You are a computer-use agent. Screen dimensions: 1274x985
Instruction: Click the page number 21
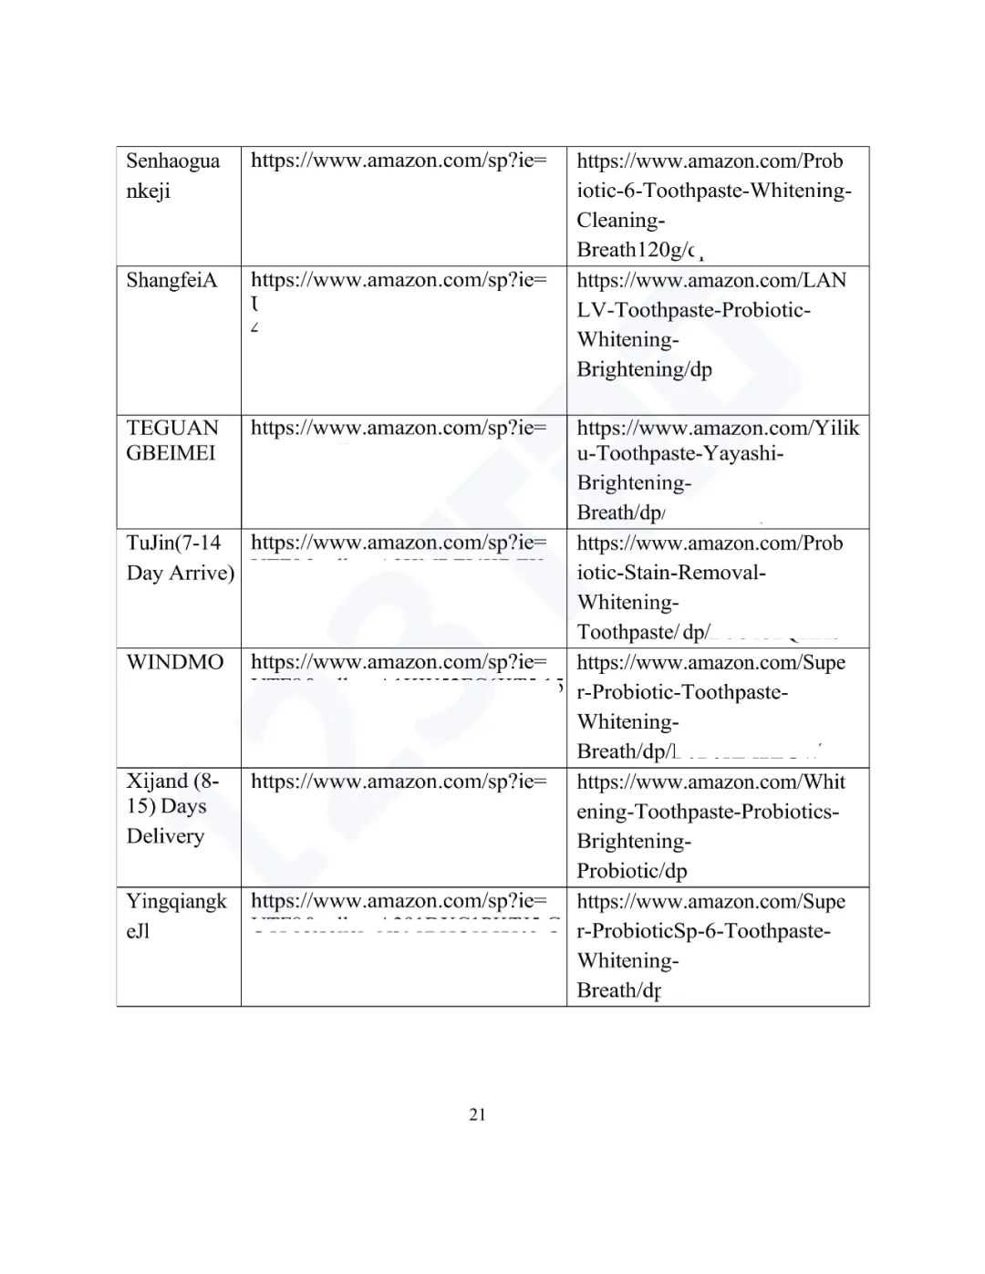pyautogui.click(x=477, y=1113)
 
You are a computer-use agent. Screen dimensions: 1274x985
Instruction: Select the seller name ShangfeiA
pyautogui.click(x=171, y=280)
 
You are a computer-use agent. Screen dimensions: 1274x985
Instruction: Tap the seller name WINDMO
pyautogui.click(x=174, y=661)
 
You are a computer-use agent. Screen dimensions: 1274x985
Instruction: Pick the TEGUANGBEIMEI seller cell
pyautogui.click(x=172, y=440)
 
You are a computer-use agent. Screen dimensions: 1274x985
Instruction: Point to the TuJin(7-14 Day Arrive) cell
pyautogui.click(x=180, y=557)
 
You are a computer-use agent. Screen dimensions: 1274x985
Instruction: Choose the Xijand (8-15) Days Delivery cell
pyautogui.click(x=171, y=808)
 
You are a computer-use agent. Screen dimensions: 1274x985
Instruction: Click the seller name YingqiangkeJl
pyautogui.click(x=176, y=916)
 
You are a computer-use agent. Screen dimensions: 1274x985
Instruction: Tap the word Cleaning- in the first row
pyautogui.click(x=620, y=220)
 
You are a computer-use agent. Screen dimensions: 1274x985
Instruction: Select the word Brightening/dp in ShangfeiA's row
pyautogui.click(x=644, y=369)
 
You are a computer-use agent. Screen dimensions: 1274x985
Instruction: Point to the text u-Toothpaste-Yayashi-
pyautogui.click(x=679, y=453)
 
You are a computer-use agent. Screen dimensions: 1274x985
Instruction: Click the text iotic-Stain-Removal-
pyautogui.click(x=670, y=573)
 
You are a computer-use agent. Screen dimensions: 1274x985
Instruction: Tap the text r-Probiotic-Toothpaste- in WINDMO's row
pyautogui.click(x=682, y=692)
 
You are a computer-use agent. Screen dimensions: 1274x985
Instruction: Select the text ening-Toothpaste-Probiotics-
pyautogui.click(x=707, y=812)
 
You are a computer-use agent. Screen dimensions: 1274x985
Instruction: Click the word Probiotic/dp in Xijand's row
pyautogui.click(x=631, y=871)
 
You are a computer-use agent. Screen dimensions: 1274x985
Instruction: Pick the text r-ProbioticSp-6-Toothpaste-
pyautogui.click(x=703, y=931)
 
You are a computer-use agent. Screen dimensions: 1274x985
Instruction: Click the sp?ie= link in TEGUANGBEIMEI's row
pyautogui.click(x=399, y=428)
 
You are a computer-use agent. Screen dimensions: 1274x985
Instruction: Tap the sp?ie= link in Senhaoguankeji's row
pyautogui.click(x=399, y=161)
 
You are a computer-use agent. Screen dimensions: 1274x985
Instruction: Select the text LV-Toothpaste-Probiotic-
pyautogui.click(x=693, y=310)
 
